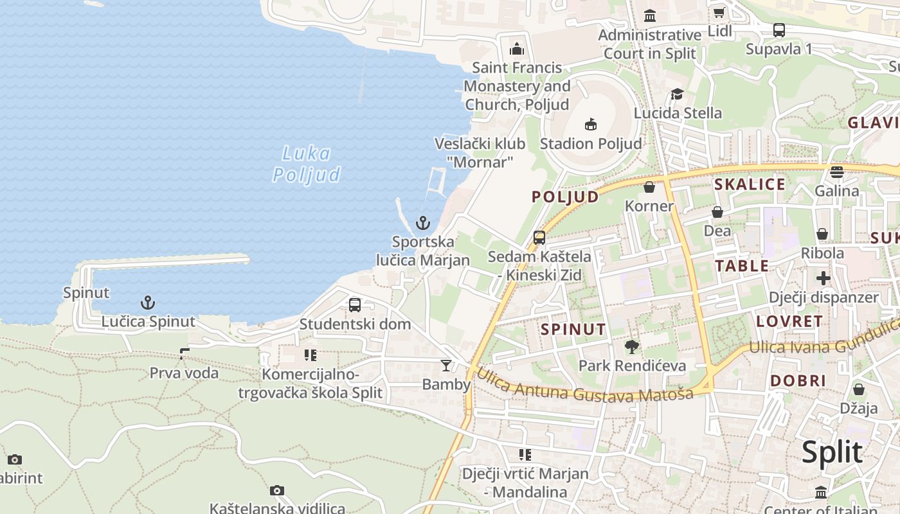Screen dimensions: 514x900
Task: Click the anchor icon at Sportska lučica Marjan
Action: (422, 223)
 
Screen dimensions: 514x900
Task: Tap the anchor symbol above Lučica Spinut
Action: (148, 302)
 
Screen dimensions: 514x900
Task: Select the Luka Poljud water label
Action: (307, 164)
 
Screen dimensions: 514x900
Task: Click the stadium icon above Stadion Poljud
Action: (591, 124)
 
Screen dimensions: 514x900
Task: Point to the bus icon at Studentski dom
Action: (355, 305)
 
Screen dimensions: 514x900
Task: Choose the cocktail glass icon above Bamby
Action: (446, 366)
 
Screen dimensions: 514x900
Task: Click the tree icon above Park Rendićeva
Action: (632, 347)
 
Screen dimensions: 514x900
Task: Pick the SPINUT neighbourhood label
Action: (573, 330)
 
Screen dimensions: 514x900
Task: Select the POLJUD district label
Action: (565, 197)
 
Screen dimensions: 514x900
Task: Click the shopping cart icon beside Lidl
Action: (719, 13)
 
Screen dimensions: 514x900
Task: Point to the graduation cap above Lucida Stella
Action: (677, 94)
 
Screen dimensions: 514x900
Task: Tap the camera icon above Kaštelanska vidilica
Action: (277, 491)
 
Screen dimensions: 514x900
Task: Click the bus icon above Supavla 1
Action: (779, 30)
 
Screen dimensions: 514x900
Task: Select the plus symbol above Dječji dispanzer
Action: (824, 278)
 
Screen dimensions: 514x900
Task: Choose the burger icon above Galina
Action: (836, 172)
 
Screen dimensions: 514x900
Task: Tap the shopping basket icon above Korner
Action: (649, 187)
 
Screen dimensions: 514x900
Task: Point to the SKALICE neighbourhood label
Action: (750, 184)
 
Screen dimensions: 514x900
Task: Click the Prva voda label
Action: (184, 373)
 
